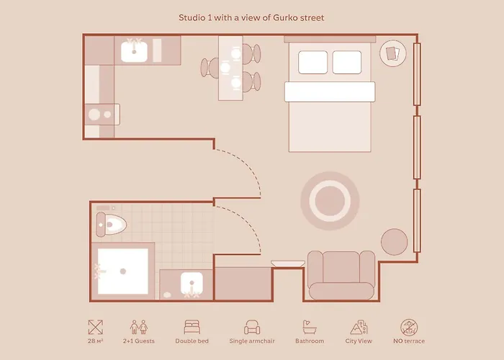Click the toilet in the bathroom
(x=111, y=224)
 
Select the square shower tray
(x=123, y=271)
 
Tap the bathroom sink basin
(x=192, y=283)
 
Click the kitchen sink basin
(x=134, y=52)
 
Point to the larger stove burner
(x=94, y=114)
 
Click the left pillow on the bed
(x=312, y=62)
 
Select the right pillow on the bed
(x=347, y=62)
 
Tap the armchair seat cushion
(x=341, y=291)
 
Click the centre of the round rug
(x=330, y=201)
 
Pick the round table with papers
(x=393, y=53)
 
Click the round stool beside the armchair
(x=395, y=242)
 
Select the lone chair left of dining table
(x=210, y=68)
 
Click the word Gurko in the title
(x=285, y=18)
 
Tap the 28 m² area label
(x=96, y=341)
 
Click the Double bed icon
(x=192, y=327)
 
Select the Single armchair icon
(x=252, y=327)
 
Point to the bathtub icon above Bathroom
(x=310, y=327)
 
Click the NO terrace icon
(x=409, y=327)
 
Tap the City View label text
(x=359, y=341)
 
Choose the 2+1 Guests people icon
(x=139, y=327)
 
